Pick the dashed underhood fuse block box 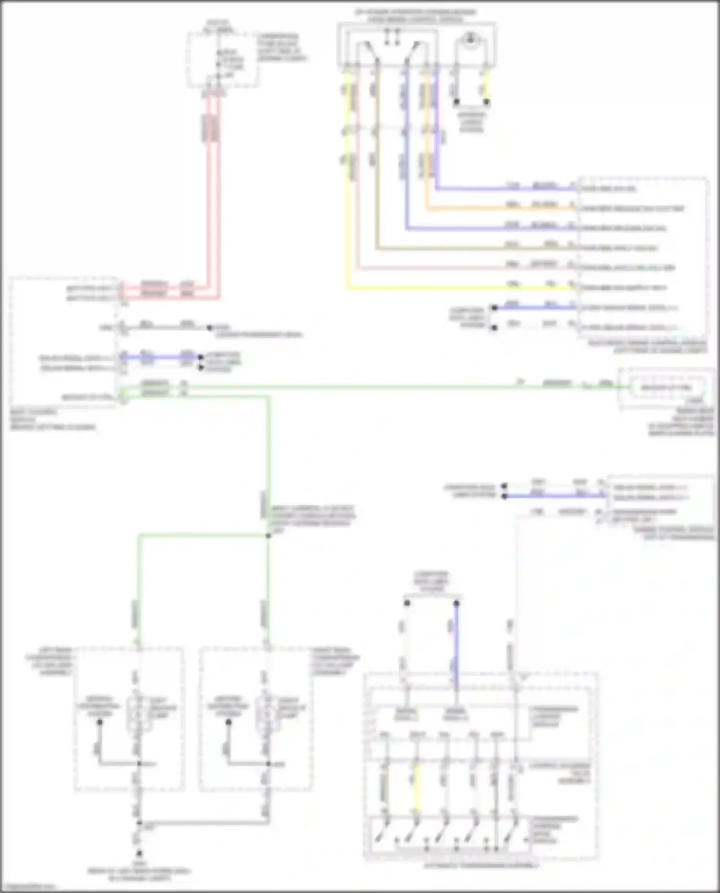pos(223,60)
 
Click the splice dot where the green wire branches pos(268,536)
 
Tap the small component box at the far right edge pos(667,387)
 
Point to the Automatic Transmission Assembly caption pos(480,865)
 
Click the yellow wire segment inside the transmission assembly pos(417,787)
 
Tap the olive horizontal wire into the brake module pos(480,249)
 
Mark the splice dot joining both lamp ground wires pos(139,823)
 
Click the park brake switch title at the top pos(416,16)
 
